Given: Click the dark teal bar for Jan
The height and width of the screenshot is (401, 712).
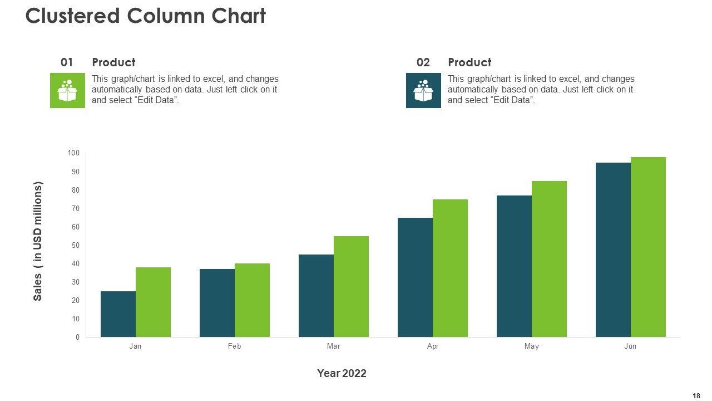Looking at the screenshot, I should click(x=118, y=314).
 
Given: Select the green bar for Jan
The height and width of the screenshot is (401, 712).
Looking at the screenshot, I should click(x=153, y=302).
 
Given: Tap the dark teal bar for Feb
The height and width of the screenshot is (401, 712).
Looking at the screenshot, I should click(x=217, y=303).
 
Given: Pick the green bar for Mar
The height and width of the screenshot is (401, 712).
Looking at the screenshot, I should click(x=351, y=286).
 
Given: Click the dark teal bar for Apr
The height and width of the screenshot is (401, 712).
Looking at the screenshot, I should click(x=415, y=277).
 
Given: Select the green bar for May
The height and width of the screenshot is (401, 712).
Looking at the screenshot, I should click(x=549, y=259).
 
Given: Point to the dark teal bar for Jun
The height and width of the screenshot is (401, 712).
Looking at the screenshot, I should click(x=613, y=250).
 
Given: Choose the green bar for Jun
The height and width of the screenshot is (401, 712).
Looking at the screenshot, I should click(x=648, y=247).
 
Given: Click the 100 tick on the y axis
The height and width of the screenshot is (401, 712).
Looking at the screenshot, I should click(x=74, y=153).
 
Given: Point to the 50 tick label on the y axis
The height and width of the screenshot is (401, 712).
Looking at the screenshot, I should click(x=74, y=245).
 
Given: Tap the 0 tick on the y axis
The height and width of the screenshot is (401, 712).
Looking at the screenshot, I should click(x=77, y=337).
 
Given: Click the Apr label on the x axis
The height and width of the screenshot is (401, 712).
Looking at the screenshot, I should click(x=433, y=346).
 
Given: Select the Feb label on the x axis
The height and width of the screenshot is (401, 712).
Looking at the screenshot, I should click(x=234, y=346).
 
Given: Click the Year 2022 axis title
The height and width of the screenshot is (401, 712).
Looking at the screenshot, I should click(x=342, y=373).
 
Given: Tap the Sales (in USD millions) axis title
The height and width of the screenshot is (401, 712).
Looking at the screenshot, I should click(x=38, y=241).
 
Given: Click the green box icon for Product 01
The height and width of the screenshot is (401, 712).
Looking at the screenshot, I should click(x=67, y=90).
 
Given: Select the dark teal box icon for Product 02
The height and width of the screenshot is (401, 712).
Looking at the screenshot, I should click(x=423, y=90).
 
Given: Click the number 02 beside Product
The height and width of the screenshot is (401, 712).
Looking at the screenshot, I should click(x=423, y=62).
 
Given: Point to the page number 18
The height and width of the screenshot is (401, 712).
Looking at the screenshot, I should click(x=696, y=395).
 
